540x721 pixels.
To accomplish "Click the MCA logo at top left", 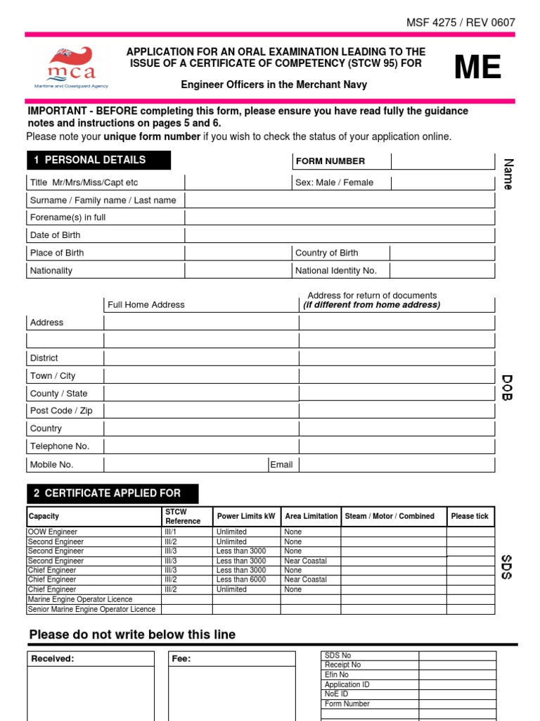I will (x=71, y=68).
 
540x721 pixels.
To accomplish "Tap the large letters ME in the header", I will (x=477, y=68).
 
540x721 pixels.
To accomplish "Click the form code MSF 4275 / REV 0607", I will (x=461, y=23).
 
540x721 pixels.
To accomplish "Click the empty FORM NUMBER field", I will (x=443, y=161).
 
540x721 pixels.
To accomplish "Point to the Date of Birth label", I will (x=56, y=235).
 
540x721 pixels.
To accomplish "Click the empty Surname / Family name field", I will (x=340, y=200).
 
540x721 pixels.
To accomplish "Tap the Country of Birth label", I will (x=326, y=253).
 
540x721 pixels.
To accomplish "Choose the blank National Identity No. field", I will (x=442, y=270).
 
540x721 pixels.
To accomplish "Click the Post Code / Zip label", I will (x=61, y=410).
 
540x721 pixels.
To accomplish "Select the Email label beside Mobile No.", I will (x=281, y=465).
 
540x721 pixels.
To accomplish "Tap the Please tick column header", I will (x=470, y=516).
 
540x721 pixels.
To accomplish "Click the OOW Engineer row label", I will (x=53, y=532).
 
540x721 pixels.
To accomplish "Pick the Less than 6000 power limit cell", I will (x=241, y=579).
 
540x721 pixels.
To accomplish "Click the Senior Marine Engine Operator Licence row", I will (x=91, y=609).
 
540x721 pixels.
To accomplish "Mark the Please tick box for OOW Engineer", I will (x=470, y=532).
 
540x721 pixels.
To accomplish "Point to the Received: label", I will (x=53, y=659).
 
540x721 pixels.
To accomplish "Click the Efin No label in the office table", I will (x=337, y=675).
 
